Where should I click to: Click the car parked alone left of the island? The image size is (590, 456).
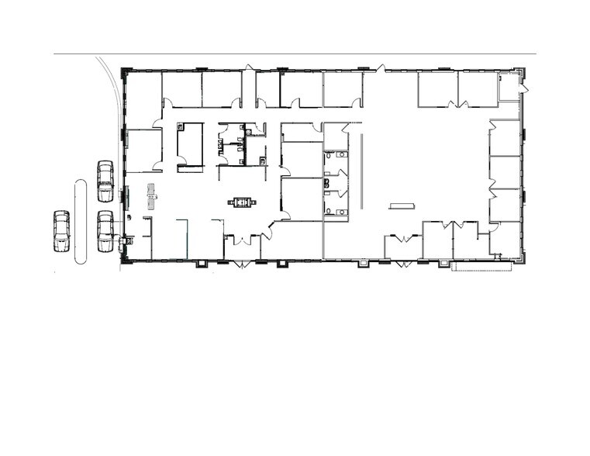(61, 231)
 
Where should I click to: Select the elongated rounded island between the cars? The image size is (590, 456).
(80, 222)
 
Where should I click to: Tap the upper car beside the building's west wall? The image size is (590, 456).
(105, 181)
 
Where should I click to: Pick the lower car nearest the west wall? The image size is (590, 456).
(105, 231)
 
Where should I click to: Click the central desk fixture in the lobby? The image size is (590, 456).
(243, 203)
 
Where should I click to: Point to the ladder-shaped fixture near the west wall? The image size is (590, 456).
(152, 196)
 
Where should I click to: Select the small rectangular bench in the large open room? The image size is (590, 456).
(402, 206)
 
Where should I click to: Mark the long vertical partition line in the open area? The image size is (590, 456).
(361, 170)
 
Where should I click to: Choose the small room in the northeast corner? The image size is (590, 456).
(509, 87)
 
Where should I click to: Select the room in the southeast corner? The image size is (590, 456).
(505, 240)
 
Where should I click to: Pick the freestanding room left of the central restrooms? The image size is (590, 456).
(189, 143)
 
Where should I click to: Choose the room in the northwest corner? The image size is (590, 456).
(143, 100)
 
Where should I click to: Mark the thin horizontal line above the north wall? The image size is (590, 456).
(295, 54)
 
